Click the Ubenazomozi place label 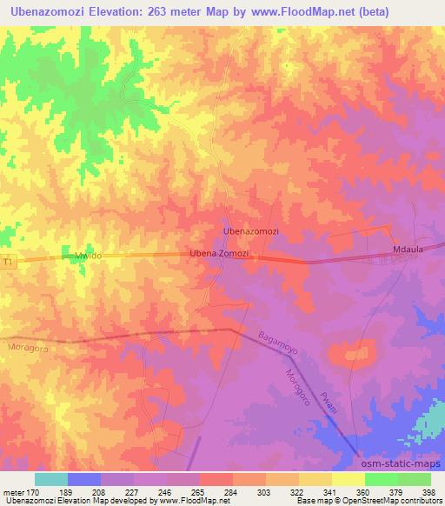251,231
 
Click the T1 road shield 9,261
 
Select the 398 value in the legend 429,492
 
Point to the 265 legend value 199,492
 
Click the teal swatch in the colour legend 51,478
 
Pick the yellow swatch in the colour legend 349,478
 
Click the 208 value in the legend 100,492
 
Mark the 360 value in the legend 363,492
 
